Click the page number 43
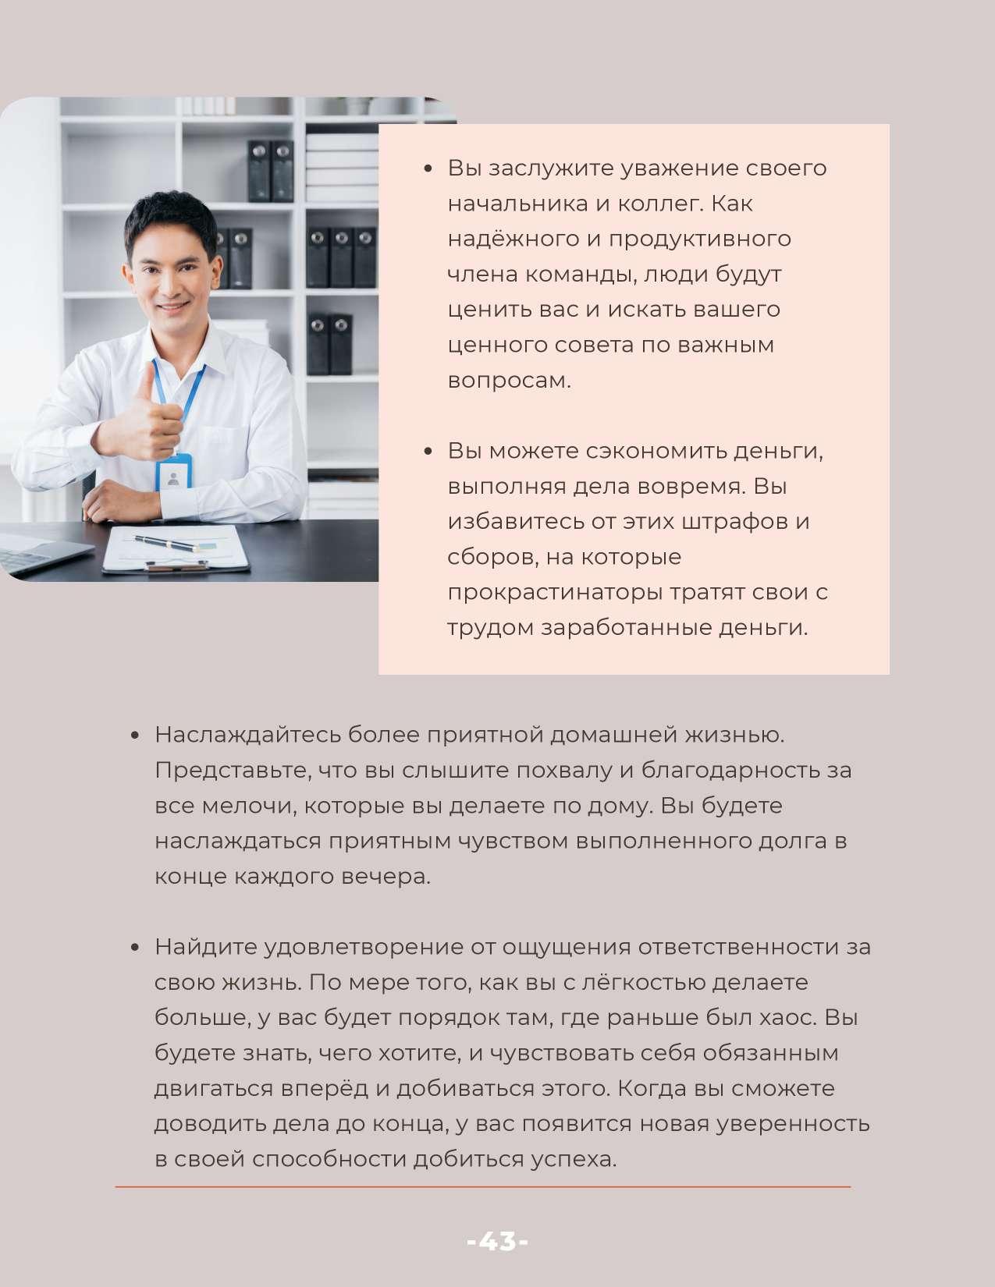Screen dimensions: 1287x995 pos(497,1241)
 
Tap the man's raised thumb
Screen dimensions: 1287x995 pos(146,378)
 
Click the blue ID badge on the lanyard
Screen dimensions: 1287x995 pos(173,473)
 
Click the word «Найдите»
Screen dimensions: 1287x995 pos(205,947)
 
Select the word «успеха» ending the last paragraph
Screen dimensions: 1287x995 pos(572,1159)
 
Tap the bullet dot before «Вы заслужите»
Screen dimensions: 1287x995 pos(428,168)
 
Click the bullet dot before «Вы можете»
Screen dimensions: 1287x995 pos(428,452)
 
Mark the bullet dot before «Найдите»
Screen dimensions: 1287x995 pos(135,948)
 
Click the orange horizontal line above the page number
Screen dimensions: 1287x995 pos(482,1187)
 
